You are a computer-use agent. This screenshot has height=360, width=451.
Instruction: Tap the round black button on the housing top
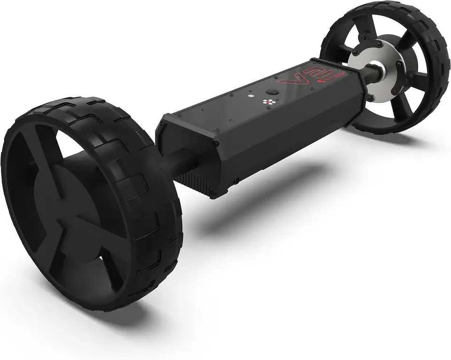[271, 93]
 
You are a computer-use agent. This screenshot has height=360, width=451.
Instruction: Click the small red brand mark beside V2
[324, 82]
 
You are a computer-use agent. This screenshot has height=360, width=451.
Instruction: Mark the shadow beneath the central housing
[263, 188]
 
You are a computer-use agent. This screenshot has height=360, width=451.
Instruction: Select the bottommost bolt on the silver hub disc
[371, 99]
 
